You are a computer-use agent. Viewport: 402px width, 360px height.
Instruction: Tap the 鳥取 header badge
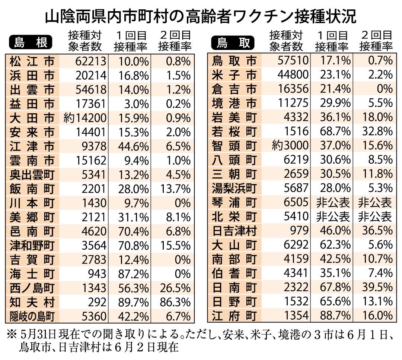(233, 42)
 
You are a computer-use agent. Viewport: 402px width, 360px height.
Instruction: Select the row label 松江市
(31, 61)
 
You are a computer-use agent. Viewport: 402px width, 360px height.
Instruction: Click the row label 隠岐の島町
(32, 316)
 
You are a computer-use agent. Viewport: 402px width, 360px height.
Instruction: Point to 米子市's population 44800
(293, 75)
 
